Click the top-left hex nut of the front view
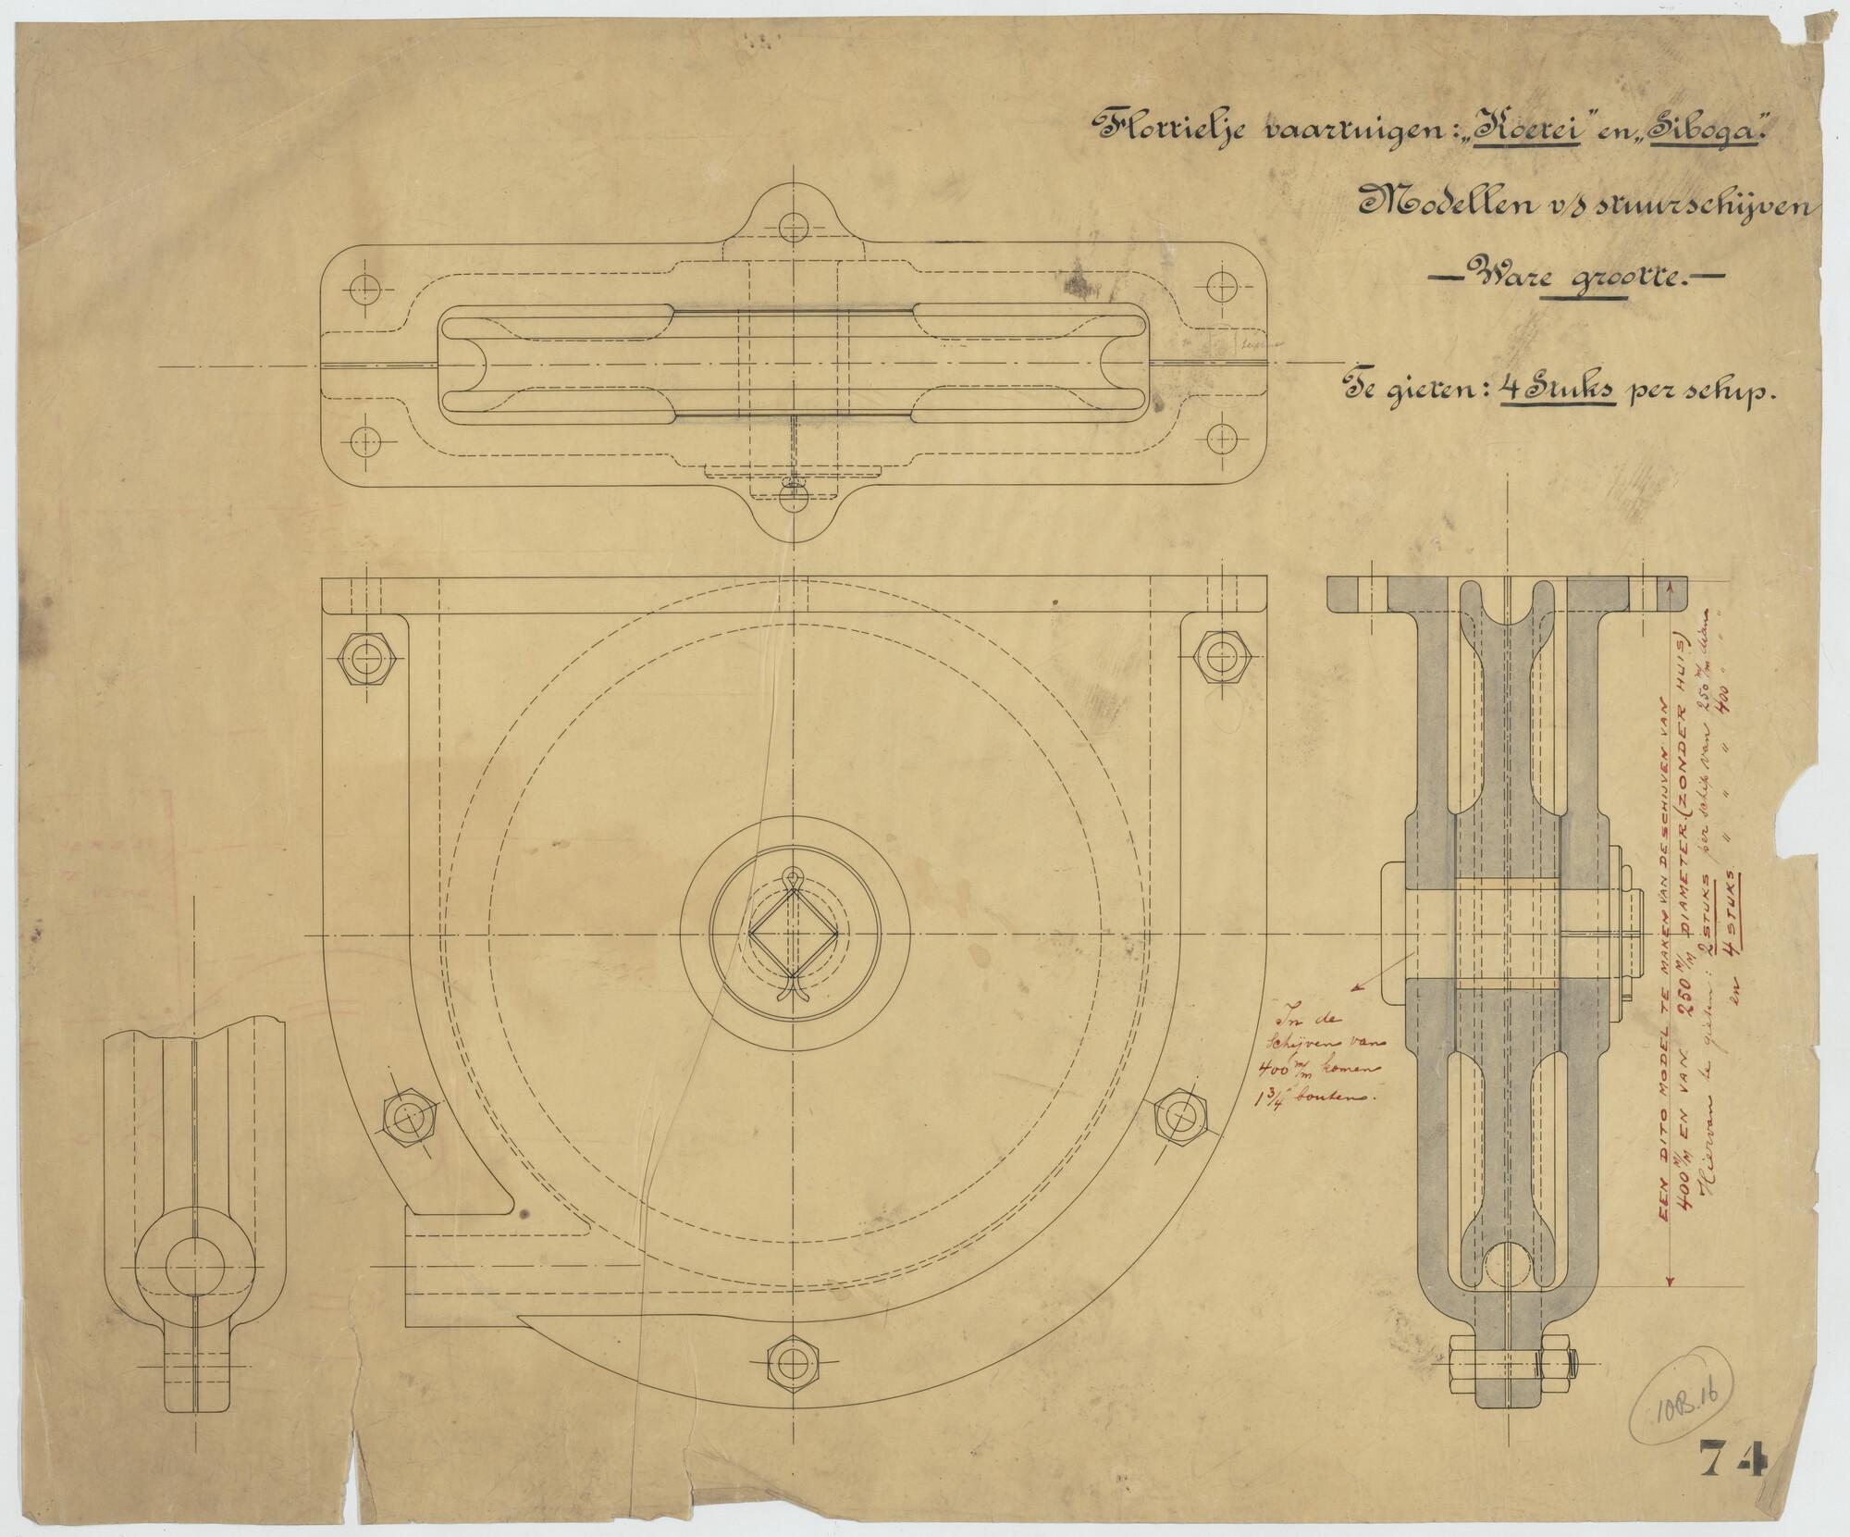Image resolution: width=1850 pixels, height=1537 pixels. click(370, 659)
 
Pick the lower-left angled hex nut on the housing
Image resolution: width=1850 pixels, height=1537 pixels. click(407, 1119)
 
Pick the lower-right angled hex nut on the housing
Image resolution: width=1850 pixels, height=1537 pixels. click(1181, 1119)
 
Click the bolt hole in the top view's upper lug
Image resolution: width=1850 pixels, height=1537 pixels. click(793, 225)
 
